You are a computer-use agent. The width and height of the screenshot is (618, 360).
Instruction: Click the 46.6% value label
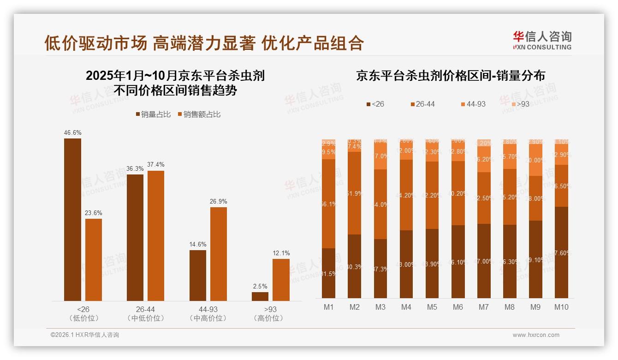point(72,132)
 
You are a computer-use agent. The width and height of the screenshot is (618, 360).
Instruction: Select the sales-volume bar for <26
point(72,220)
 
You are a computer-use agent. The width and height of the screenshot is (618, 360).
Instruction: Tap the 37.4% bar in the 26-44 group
point(156,236)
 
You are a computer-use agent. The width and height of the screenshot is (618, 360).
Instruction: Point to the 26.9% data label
point(219,201)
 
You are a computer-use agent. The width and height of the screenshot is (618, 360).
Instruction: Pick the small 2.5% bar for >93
point(260,296)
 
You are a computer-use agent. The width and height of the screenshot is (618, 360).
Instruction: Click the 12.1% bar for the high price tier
point(281,280)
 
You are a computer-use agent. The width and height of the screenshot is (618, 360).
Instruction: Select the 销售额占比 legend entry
point(199,114)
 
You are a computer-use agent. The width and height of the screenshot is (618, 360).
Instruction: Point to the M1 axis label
point(328,307)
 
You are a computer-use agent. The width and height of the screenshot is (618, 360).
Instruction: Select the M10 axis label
point(561,307)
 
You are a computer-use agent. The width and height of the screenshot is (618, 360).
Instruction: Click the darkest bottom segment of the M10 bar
point(561,252)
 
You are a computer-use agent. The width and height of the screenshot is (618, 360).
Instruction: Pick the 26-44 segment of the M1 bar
point(328,204)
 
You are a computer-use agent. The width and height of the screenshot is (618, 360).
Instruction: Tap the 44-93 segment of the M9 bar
point(535,160)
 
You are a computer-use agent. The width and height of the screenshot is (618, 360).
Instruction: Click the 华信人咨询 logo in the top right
point(542,40)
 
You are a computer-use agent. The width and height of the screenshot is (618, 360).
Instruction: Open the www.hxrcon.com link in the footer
point(536,335)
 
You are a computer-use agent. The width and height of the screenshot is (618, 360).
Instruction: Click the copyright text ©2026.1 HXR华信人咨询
point(84,335)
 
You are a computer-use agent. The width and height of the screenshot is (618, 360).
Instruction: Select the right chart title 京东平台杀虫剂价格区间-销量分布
point(450,76)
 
